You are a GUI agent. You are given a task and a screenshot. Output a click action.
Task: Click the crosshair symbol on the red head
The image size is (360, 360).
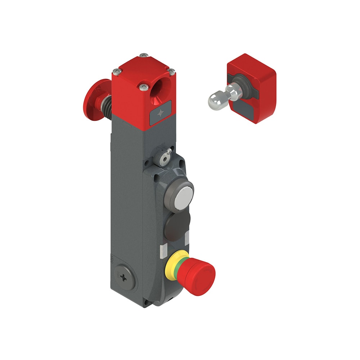tap(161, 113)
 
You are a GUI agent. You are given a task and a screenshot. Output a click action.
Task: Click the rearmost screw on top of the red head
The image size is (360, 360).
tap(144, 55)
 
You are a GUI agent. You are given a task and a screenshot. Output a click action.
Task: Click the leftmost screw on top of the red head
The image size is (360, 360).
tap(116, 71)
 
